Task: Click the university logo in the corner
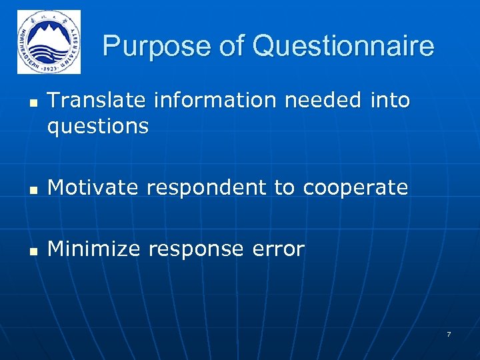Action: pos(49,41)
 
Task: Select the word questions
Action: pos(98,127)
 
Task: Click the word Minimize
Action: pos(94,249)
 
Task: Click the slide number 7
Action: pos(448,333)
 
